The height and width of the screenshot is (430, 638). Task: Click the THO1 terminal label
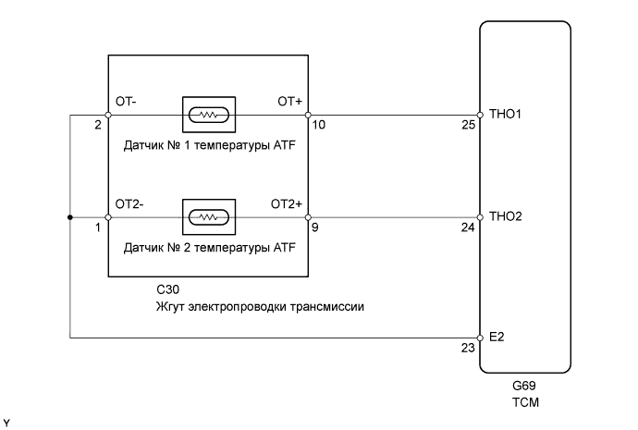coord(505,114)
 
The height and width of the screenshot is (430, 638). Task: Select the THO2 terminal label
coord(506,216)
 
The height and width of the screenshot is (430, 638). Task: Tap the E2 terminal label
coord(497,337)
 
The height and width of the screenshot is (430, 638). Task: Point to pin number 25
coord(468,125)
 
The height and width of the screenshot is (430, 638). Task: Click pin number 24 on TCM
coord(468,227)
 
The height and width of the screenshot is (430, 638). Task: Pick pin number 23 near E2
coord(468,348)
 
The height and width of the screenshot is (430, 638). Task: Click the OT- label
coord(126,102)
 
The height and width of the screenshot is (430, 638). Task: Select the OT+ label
coord(290,102)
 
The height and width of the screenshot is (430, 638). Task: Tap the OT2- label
coord(129,203)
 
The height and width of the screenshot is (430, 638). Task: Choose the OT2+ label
coord(287,203)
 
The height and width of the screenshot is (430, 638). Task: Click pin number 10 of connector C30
coord(319,125)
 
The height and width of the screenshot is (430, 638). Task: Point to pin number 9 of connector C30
coord(315,227)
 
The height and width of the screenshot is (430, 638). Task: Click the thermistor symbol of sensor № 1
coord(209,115)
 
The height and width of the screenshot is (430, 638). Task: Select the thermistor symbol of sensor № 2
coord(209,217)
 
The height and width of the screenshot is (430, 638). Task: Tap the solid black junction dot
coord(70,217)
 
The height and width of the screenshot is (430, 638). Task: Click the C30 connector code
coord(168,289)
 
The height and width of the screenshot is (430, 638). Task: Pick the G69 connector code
coord(524,386)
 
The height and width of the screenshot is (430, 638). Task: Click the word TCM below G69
coord(526,402)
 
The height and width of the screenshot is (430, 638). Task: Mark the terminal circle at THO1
coord(480,115)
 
